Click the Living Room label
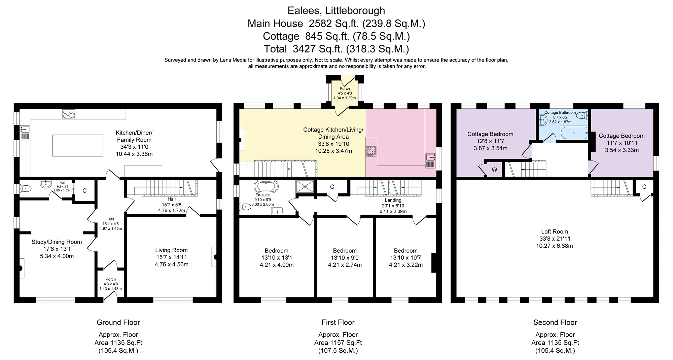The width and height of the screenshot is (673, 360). (171, 250)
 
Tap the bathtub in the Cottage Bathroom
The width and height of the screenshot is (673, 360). (574, 133)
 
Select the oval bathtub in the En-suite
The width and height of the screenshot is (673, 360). (266, 186)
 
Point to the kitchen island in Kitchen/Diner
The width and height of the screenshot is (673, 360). (78, 145)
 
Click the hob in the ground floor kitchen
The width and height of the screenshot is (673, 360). (69, 114)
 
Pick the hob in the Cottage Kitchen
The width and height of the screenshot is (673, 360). (371, 150)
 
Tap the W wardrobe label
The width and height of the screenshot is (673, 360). (494, 170)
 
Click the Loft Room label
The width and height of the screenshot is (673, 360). (555, 231)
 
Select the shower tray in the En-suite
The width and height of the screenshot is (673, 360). (305, 186)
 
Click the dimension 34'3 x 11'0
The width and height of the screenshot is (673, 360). (134, 147)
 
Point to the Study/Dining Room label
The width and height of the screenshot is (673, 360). (57, 242)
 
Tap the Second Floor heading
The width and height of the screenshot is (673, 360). (555, 322)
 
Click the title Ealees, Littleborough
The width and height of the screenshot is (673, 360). (336, 10)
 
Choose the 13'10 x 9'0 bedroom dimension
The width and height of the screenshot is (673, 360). (345, 258)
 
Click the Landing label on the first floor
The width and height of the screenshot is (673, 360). (393, 200)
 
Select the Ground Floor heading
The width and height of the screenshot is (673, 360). (118, 322)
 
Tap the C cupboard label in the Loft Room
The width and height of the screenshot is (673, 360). (644, 187)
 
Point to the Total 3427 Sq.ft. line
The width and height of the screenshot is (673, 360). (336, 49)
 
